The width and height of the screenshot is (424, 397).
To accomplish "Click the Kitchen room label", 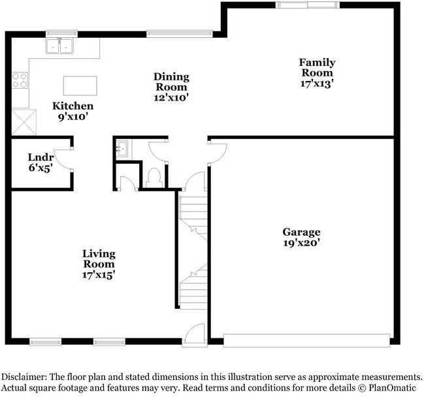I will tap(73, 106).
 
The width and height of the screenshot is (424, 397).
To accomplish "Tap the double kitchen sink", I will tap(59, 46).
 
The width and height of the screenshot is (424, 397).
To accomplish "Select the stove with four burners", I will tap(20, 80).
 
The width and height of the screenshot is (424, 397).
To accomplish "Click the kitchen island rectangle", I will tap(80, 86).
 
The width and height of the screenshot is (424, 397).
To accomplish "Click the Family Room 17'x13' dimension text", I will tap(317, 84).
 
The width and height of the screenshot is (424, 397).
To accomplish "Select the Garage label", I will tap(301, 232).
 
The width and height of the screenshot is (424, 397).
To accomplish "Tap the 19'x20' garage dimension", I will tap(301, 242).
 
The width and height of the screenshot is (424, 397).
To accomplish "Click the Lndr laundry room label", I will tap(40, 157).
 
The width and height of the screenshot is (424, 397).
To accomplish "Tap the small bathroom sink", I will tap(122, 150).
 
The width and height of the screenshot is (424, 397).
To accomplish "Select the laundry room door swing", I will tap(63, 159).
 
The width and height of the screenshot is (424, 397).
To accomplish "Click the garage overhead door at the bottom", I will tap(306, 339).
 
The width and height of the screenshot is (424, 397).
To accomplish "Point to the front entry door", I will tap(193, 334).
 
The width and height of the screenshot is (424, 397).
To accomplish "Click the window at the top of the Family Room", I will tap(306, 5).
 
